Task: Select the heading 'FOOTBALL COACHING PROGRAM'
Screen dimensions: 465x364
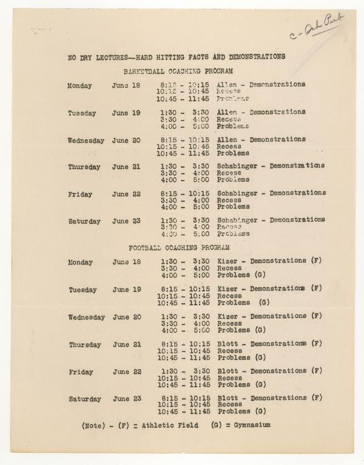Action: click(180, 248)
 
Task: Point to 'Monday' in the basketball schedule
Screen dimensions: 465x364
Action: click(79, 86)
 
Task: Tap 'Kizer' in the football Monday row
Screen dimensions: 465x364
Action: click(227, 262)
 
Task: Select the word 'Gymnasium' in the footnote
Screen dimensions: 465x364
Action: click(249, 426)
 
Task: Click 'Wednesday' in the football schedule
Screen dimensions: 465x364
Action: click(86, 317)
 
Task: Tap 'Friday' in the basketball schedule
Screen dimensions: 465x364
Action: click(80, 194)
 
